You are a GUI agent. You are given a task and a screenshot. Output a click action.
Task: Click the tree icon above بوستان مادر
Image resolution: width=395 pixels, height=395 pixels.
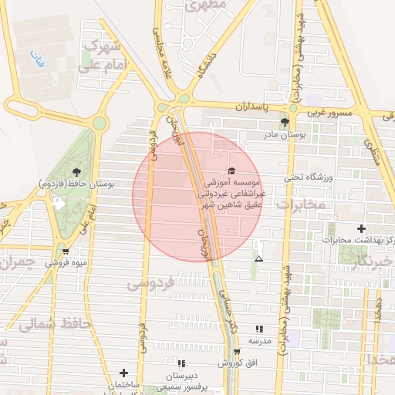point(285,122)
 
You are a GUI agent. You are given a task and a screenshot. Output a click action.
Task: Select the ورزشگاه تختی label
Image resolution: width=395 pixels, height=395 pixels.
point(306,177)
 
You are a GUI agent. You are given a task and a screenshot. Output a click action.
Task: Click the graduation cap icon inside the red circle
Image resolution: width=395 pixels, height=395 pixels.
point(232,171)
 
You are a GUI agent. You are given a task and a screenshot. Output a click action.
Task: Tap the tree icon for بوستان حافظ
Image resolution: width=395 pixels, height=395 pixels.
point(76,172)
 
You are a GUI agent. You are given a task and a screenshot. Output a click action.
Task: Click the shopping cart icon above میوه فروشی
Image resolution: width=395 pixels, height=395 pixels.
point(66,251)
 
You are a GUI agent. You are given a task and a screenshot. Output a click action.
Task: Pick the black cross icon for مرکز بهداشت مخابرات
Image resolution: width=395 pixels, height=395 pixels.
point(361,228)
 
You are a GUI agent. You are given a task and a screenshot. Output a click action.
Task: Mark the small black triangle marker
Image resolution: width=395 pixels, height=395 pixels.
point(258,258)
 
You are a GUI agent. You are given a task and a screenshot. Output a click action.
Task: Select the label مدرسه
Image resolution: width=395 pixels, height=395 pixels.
point(259,340)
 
